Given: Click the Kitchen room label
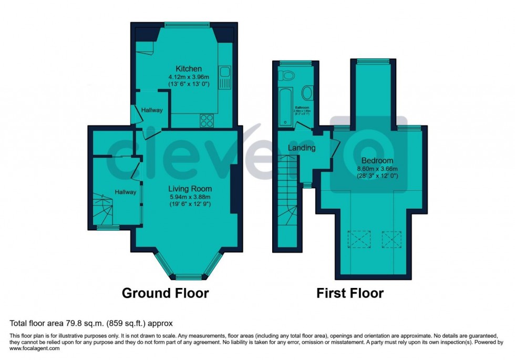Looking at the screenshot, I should pos(189,69).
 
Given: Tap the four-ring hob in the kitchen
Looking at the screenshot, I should pos(207,121).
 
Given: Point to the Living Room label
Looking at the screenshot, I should pos(190,189).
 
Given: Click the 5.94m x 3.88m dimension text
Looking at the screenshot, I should pos(190,197).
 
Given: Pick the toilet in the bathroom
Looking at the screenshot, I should pos(287,76).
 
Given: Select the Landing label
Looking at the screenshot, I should pos(302,148).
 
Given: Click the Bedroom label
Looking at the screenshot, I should pos(377,160).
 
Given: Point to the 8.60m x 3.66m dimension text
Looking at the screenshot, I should pos(377,169).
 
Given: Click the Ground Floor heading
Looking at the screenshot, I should pos(165,293).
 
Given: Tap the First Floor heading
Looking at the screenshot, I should pos(349,293).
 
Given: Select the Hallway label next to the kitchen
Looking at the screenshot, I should pos(152,110).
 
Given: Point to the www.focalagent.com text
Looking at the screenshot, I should pos(32,348).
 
